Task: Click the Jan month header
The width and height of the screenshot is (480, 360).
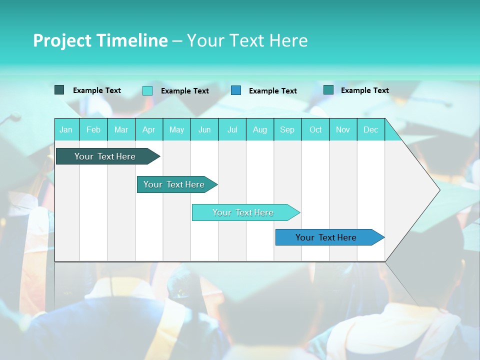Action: click(x=66, y=129)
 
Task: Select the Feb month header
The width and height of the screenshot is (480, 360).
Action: click(x=93, y=129)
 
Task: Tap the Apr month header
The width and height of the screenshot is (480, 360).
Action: click(x=148, y=129)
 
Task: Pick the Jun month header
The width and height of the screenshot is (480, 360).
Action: click(x=204, y=129)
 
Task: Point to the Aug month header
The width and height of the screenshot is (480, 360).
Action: click(x=260, y=129)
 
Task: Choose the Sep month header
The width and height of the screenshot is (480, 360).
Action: click(x=287, y=129)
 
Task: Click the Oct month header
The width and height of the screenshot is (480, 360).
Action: click(x=315, y=129)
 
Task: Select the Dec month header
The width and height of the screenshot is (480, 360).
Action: click(x=370, y=129)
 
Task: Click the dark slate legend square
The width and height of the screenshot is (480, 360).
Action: click(x=59, y=90)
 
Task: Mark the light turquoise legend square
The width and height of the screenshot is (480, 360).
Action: click(x=147, y=90)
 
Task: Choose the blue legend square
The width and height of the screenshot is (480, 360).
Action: click(x=236, y=90)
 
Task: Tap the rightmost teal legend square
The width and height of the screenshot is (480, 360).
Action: click(x=328, y=90)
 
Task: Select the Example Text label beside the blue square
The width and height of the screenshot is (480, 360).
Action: click(x=272, y=91)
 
